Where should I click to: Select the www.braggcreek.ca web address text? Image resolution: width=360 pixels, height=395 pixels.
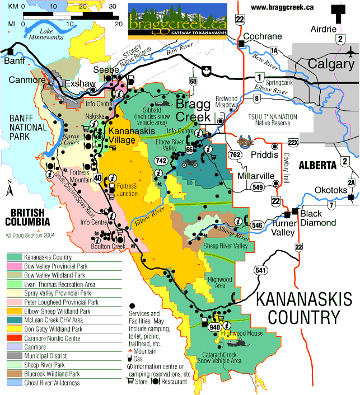click(x=282, y=7)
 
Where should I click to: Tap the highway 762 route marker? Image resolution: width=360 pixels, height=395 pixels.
click(x=236, y=154)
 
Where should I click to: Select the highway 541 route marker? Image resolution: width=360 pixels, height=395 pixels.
click(x=259, y=270)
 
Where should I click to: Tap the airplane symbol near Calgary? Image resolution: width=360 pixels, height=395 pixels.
click(x=351, y=53)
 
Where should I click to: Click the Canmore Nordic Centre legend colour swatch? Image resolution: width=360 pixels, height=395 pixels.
click(x=15, y=338)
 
